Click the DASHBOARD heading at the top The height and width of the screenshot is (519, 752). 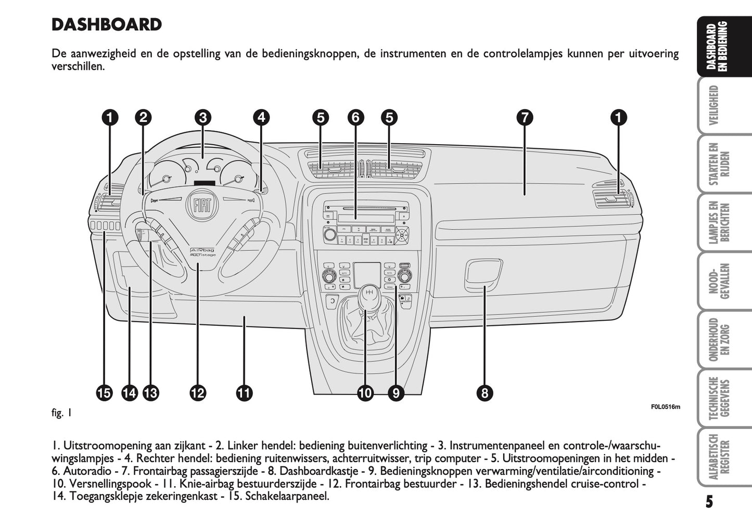pos(107,24)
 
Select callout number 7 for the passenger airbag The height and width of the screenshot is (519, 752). pos(525,118)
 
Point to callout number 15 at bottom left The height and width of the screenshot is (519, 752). pos(104,393)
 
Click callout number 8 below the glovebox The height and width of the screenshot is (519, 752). pos(485,393)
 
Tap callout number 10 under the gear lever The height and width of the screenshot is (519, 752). pos(365,393)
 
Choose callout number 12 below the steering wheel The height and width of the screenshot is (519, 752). pos(198,393)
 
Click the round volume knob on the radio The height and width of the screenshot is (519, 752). pos(328,235)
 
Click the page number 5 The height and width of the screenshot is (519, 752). pos(709,502)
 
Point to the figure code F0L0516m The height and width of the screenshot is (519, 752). pos(665,407)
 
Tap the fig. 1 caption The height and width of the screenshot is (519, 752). pos(61,413)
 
